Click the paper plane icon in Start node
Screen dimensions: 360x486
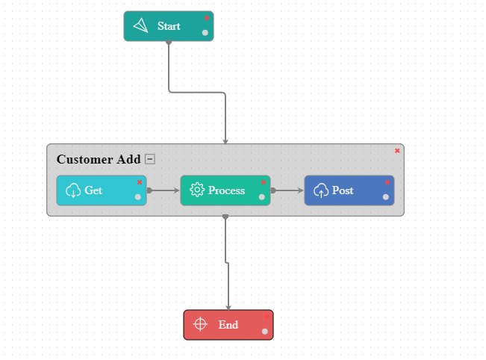140,26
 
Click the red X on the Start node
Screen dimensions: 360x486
207,18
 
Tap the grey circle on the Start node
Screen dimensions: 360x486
205,32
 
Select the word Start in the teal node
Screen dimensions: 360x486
169,26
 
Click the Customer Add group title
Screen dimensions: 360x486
99,159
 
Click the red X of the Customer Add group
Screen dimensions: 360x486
397,151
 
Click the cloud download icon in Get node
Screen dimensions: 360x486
73,190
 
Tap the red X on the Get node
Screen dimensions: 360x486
139,182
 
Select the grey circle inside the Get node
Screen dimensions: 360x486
138,197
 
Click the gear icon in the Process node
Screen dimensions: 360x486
197,190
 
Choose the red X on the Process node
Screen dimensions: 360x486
263,182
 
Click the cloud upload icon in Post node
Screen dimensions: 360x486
321,190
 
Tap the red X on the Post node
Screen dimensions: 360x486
387,182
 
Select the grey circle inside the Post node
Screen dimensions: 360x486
386,197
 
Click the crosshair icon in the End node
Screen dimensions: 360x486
199,324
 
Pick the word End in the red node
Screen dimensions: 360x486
228,325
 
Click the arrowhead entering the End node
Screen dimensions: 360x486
228,306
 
